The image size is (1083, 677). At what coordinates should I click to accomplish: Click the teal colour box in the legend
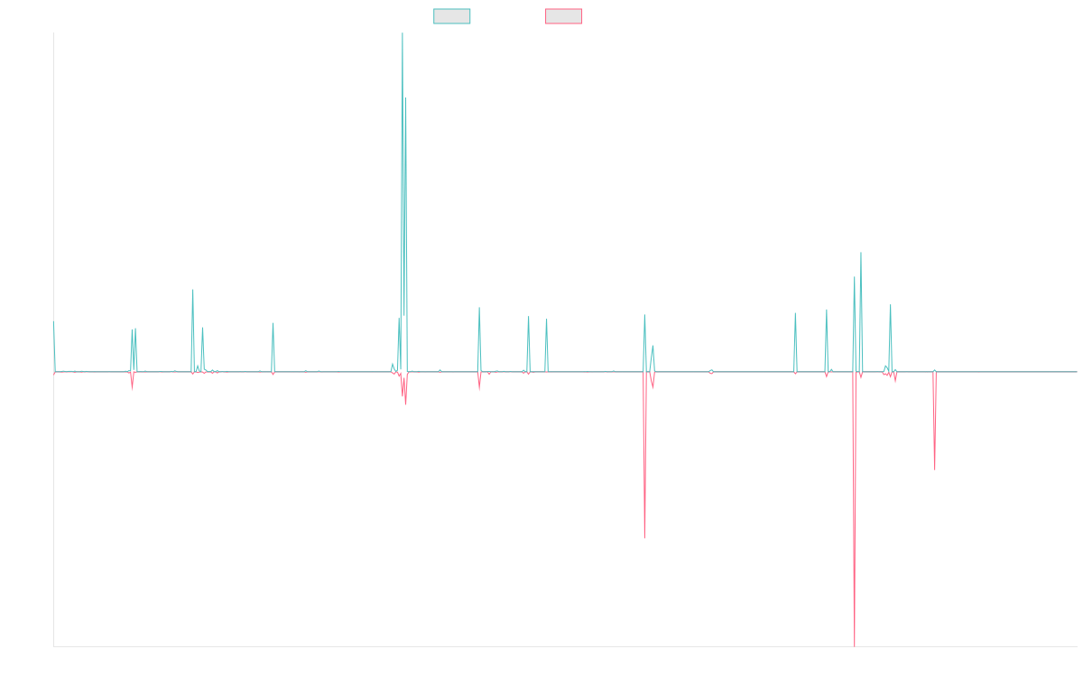(x=452, y=16)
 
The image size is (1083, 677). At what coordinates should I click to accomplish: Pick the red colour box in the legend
(x=564, y=16)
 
